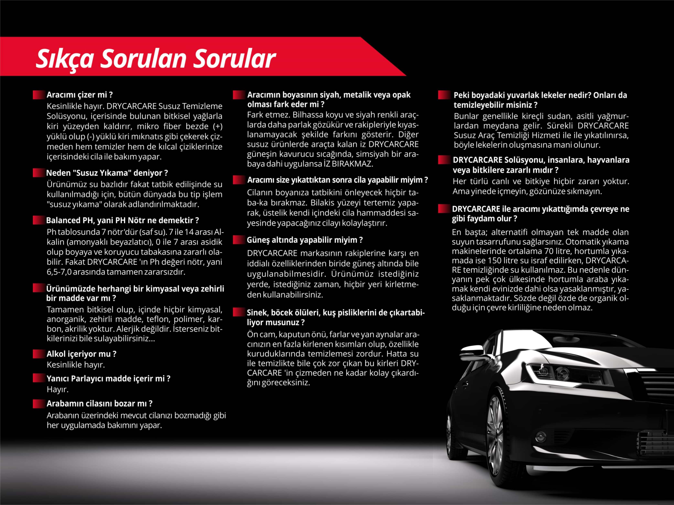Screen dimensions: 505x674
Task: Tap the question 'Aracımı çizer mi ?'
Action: pos(79,95)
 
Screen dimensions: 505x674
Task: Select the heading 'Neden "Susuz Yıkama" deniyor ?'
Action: pos(107,173)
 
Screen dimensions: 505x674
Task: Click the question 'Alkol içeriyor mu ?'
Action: pos(81,354)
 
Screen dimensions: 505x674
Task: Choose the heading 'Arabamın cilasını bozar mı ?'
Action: pos(99,403)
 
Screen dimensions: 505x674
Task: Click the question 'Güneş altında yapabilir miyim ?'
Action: pos(305,240)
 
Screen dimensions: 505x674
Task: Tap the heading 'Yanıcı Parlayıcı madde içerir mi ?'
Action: pos(108,378)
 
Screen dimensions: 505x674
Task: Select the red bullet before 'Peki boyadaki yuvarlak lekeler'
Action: pos(444,95)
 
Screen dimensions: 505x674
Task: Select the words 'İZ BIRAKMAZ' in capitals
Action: pos(352,164)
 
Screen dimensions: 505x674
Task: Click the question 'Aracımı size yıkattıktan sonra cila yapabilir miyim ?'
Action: pos(337,180)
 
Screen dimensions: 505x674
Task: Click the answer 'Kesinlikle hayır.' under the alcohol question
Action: pos(76,365)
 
